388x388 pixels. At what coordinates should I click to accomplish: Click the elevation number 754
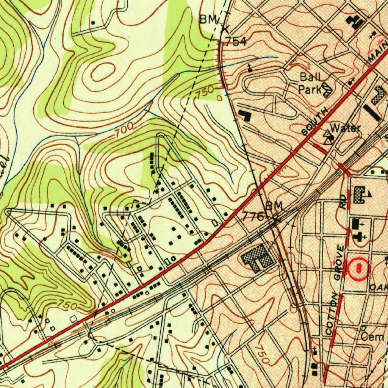coord(236,42)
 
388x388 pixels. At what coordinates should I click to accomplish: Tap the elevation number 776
coord(253,217)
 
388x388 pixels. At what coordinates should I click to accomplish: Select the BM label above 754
coord(208,20)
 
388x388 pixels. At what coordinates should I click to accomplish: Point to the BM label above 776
coord(274,206)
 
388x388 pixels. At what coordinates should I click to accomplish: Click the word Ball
coord(310,77)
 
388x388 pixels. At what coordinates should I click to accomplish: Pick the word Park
coord(309,90)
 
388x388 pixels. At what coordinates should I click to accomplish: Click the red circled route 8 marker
coord(358,269)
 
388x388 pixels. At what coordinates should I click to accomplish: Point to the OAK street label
coord(379,287)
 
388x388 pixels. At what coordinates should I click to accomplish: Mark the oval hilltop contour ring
coord(103,71)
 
